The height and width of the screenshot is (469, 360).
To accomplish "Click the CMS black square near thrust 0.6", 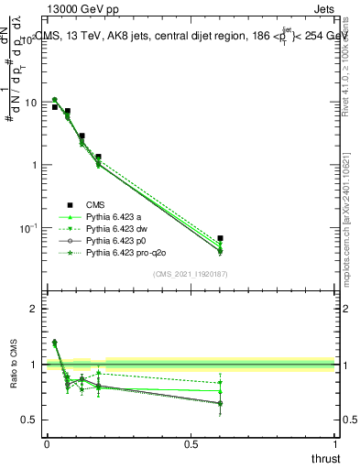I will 220,238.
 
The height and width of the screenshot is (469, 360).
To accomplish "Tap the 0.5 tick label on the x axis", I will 191,443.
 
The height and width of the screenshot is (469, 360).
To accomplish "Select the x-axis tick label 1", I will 334,443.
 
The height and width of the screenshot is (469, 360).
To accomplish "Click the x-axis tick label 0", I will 47,443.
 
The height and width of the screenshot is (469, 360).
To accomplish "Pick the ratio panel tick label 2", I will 35,309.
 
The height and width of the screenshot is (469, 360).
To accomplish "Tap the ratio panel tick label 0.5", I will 30,420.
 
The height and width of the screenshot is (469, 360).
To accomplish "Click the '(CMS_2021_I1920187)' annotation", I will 190,274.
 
